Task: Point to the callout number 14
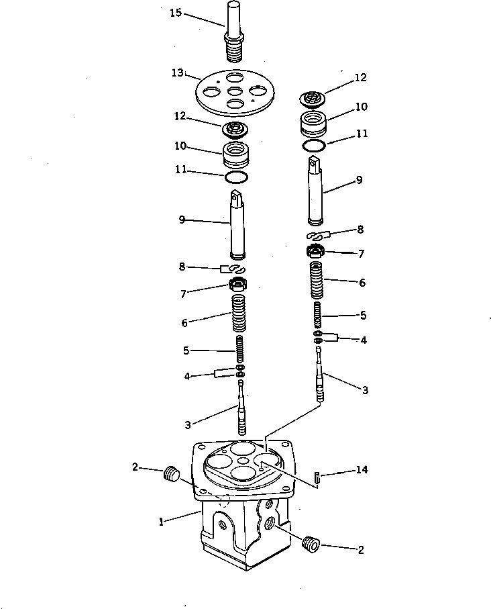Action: point(362,470)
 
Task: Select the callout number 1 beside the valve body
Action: point(162,521)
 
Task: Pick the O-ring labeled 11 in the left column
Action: point(236,177)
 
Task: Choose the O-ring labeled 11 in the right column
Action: point(313,144)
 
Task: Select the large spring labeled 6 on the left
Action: point(240,314)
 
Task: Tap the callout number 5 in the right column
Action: point(362,314)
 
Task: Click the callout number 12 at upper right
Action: point(361,78)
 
